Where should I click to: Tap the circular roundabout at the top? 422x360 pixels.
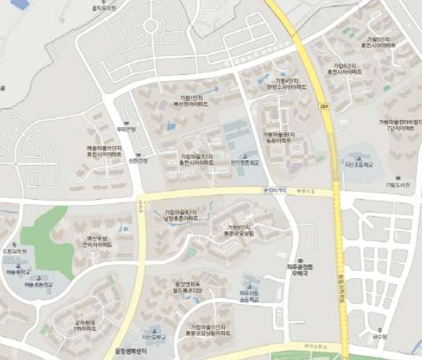point(150,26)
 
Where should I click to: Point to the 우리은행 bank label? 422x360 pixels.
point(126,129)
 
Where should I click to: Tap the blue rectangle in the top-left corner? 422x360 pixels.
point(20,4)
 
